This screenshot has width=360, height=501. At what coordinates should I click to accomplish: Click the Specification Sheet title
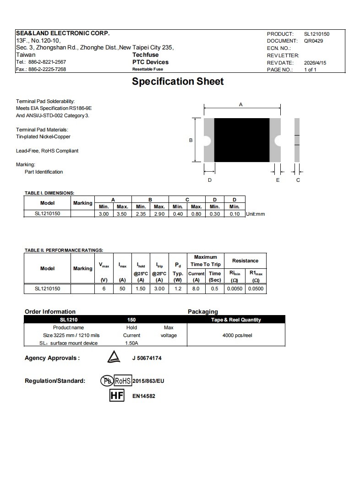[178, 82]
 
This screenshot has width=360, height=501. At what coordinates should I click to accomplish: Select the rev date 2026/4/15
[315, 63]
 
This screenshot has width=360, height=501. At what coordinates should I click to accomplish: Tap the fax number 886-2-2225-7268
[47, 69]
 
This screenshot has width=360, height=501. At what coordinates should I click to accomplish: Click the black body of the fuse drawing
[241, 140]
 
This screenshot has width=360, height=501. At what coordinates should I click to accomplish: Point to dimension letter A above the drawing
[241, 105]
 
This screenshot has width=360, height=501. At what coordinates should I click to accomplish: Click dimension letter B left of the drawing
[191, 140]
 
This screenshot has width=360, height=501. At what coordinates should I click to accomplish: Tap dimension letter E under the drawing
[278, 180]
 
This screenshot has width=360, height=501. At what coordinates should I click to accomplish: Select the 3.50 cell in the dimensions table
[122, 214]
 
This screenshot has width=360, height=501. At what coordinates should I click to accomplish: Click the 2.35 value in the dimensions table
[141, 214]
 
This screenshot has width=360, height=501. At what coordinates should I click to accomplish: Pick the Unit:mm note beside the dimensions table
[256, 214]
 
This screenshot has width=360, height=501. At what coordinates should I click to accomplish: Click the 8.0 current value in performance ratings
[196, 289]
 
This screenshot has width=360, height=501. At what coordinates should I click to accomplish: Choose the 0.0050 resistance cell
[235, 289]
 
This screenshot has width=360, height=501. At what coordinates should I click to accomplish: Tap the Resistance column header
[245, 261]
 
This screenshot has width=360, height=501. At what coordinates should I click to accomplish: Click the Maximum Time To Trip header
[206, 261]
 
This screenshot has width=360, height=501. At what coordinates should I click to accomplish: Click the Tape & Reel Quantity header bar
[236, 320]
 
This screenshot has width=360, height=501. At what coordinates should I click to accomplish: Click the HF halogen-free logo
[117, 395]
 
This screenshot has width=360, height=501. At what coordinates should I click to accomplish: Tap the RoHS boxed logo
[122, 381]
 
